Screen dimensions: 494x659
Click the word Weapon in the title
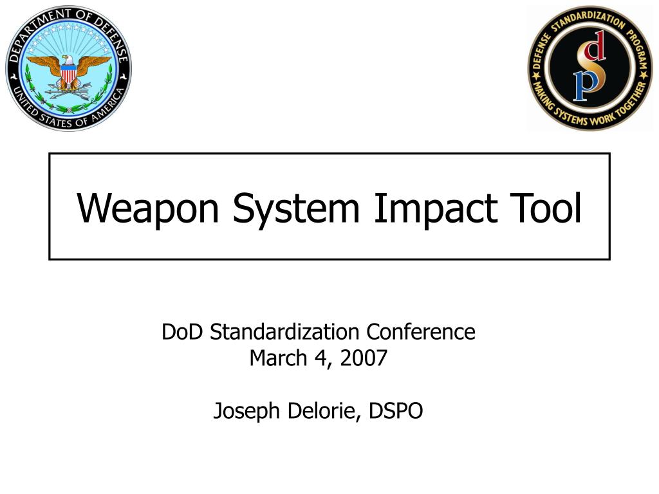click(149, 208)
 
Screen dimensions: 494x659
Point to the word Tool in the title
click(544, 208)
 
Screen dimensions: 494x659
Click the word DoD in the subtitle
click(183, 332)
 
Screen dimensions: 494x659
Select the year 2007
click(364, 358)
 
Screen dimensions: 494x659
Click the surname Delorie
click(322, 410)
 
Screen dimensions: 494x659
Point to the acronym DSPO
click(396, 410)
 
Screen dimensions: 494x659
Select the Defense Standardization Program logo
click(589, 68)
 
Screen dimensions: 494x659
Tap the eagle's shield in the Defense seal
click(68, 77)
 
